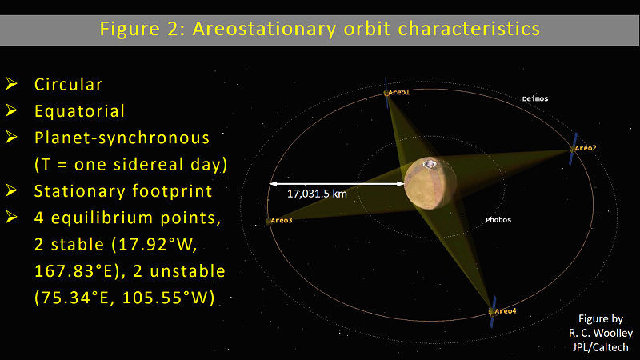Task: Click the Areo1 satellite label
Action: tap(398, 93)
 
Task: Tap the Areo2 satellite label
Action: tap(586, 148)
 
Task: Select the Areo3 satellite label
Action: tap(282, 221)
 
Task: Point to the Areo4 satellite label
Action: tap(506, 311)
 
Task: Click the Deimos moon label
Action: tap(535, 98)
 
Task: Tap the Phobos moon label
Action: tap(498, 220)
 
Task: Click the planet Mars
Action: tap(430, 183)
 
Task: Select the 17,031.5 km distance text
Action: tap(317, 194)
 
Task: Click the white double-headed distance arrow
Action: tap(337, 184)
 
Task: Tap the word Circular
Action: tap(69, 85)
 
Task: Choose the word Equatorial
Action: tap(79, 111)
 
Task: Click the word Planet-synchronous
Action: tap(122, 138)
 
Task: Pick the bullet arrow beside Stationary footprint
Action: tap(11, 190)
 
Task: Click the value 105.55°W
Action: tap(169, 298)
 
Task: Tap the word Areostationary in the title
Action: tap(265, 29)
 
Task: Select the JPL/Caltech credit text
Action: tap(600, 347)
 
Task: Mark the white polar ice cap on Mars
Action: tap(430, 164)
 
